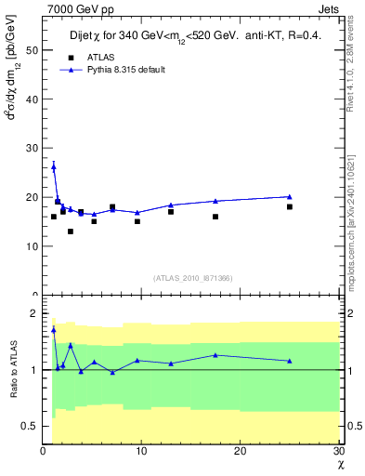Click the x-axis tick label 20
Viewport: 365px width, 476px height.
click(x=241, y=452)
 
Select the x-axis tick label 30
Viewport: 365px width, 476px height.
click(x=338, y=452)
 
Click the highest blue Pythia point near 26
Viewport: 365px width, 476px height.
click(x=53, y=166)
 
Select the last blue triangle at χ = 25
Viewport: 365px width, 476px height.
click(x=290, y=196)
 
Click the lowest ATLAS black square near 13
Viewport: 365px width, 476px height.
click(x=70, y=231)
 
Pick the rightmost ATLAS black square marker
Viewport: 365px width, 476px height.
click(x=290, y=206)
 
